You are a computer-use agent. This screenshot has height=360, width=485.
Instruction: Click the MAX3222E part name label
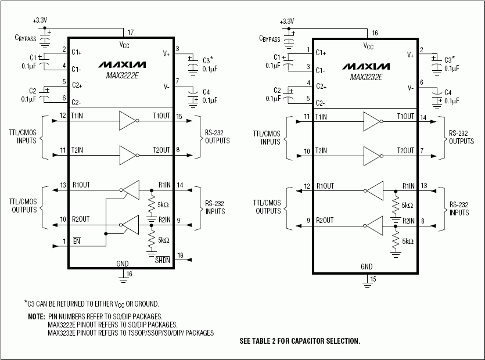(x=121, y=74)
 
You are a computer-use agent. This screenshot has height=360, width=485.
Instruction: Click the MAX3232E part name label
(x=366, y=75)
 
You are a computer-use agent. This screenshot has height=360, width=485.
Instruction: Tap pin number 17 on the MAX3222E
(x=130, y=32)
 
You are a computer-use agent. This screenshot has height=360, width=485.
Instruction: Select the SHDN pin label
(x=162, y=261)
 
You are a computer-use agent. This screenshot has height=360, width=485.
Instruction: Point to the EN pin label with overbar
(x=76, y=240)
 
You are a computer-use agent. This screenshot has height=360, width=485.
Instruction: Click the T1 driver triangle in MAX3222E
(x=127, y=120)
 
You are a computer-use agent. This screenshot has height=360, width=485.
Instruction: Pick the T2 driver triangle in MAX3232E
(x=372, y=155)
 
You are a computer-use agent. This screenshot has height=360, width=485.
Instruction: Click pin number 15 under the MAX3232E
(x=373, y=279)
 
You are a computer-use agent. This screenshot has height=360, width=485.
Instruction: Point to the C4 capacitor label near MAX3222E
(x=206, y=92)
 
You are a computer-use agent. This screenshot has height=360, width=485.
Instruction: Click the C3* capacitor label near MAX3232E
(x=450, y=59)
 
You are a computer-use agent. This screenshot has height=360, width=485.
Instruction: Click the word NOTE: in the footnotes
(x=35, y=317)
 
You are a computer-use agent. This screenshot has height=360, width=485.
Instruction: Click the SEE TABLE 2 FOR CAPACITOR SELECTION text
(x=300, y=341)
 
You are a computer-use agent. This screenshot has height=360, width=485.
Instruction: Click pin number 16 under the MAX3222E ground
(x=130, y=273)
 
